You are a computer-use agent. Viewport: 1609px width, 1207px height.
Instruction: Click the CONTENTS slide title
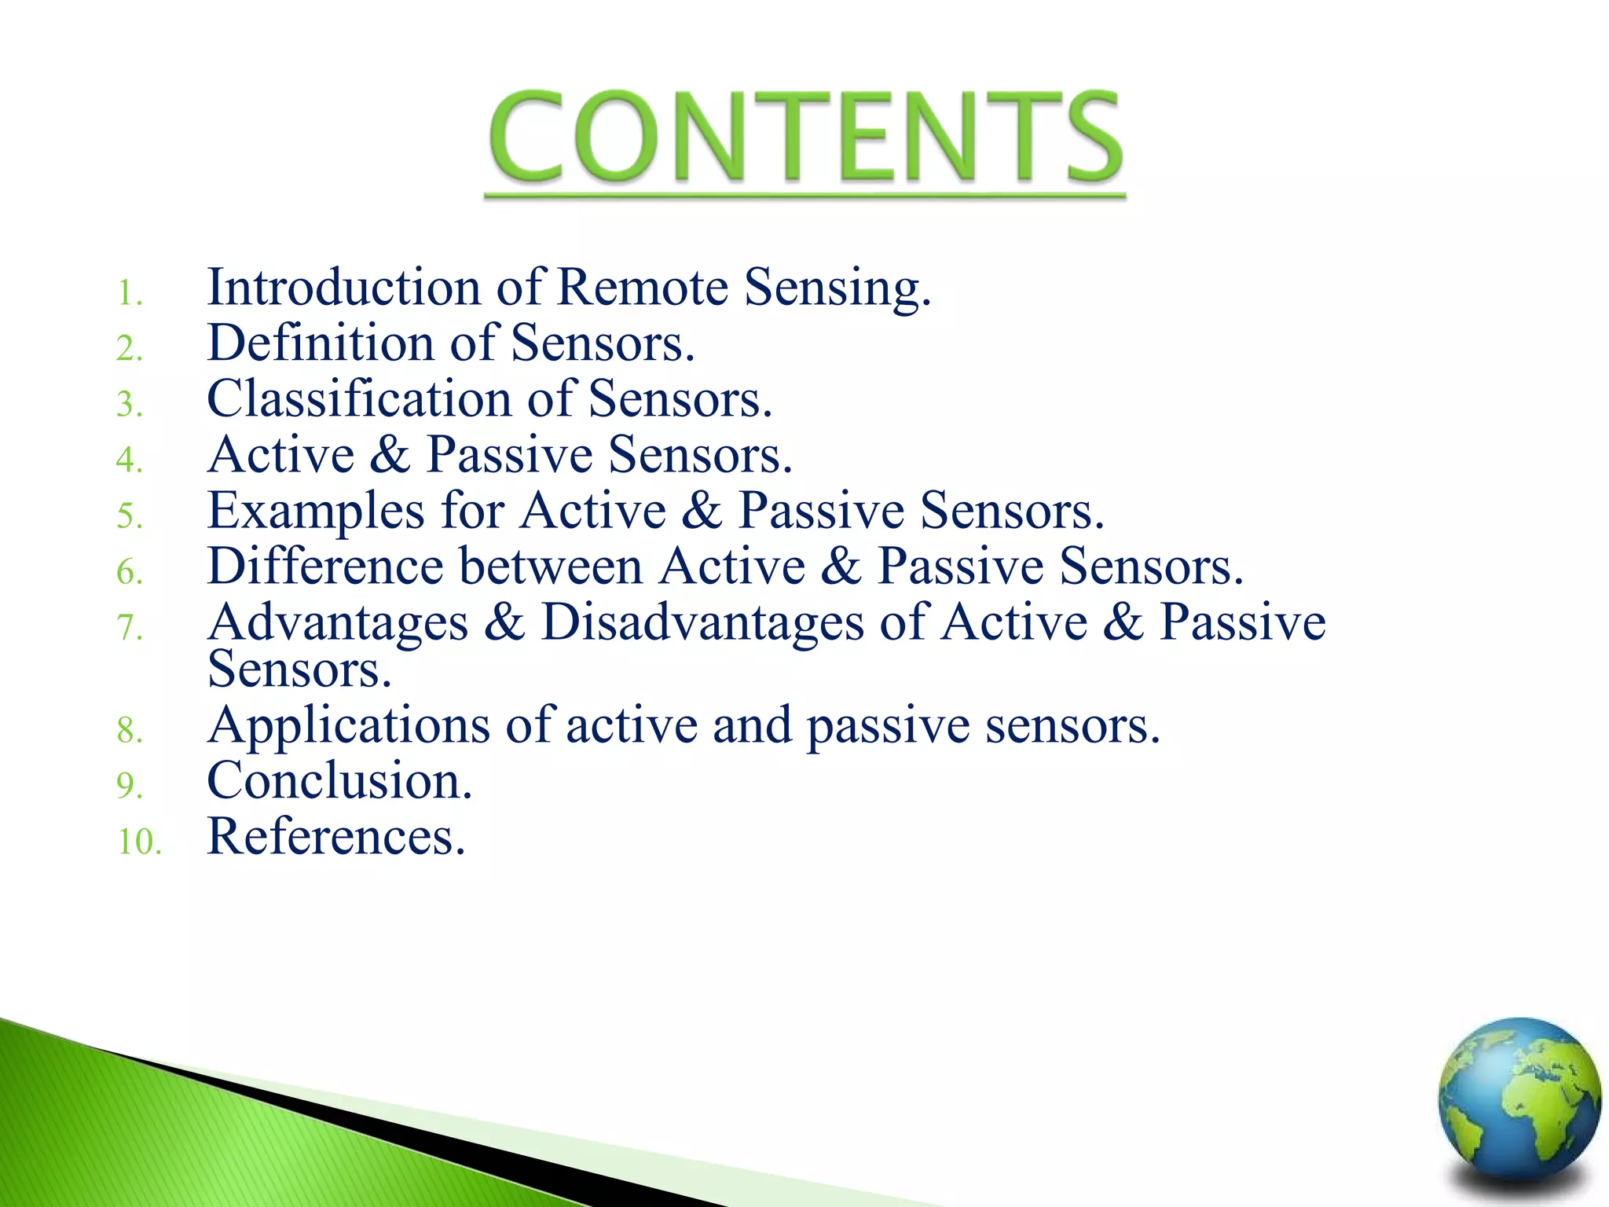click(x=804, y=138)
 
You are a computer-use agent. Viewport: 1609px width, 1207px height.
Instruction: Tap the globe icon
click(x=1519, y=1100)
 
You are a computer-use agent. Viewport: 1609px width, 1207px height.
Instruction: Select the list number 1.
click(x=128, y=294)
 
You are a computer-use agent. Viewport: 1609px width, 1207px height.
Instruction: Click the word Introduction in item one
click(x=344, y=288)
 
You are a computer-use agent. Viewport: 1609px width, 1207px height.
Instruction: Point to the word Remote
click(x=643, y=288)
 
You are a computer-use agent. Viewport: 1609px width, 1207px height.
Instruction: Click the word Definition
click(x=321, y=344)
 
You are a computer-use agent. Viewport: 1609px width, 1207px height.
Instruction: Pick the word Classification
click(x=358, y=399)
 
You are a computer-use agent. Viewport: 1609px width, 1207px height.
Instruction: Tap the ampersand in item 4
click(x=390, y=455)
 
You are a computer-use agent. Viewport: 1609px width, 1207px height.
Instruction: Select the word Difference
click(x=326, y=567)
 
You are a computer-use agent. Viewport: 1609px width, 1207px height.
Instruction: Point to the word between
click(x=551, y=567)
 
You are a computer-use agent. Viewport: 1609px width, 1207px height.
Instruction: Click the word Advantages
click(x=338, y=623)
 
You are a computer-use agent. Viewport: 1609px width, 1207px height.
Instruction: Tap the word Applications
click(x=349, y=726)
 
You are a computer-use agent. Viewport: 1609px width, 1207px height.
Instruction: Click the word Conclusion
click(x=339, y=782)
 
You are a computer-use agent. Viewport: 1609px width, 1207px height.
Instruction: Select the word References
click(x=336, y=837)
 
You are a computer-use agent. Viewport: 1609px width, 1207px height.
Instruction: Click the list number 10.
click(x=139, y=842)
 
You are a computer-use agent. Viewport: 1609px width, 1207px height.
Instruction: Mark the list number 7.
click(x=130, y=628)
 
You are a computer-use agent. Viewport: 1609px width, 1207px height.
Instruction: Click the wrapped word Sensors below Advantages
click(x=299, y=670)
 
